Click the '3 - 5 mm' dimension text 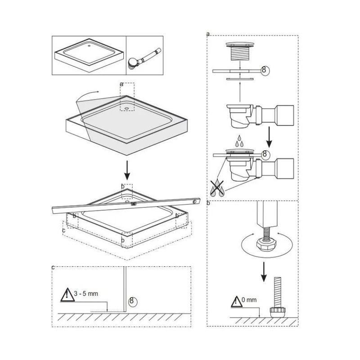pyautogui.click(x=86, y=293)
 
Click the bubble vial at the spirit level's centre pyautogui.click(x=133, y=204)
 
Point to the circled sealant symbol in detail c pyautogui.click(x=132, y=300)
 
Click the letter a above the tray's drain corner pyautogui.click(x=121, y=84)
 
